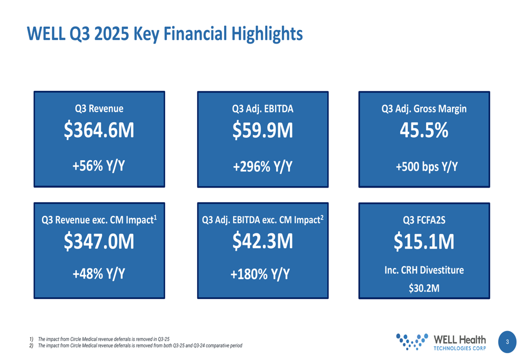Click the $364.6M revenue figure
[x=99, y=131]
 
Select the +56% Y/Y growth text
[x=99, y=166]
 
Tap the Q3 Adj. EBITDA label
[x=262, y=109]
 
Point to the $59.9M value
[x=262, y=131]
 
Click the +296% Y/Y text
[x=262, y=167]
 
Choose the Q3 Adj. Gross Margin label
[x=424, y=109]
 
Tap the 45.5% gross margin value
[x=424, y=131]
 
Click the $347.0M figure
[x=99, y=242]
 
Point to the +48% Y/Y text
[x=99, y=274]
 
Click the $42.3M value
[x=262, y=241]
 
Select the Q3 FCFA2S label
[x=424, y=220]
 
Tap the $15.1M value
[x=424, y=242]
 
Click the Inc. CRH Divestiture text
[x=424, y=270]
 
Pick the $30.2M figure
[x=424, y=287]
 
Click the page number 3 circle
[x=507, y=342]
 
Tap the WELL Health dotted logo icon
[x=412, y=341]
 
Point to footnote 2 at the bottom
[x=137, y=346]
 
